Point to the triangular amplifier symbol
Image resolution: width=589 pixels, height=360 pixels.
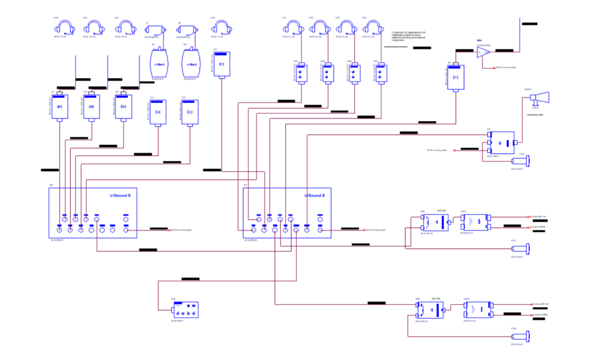tap(484, 52)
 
